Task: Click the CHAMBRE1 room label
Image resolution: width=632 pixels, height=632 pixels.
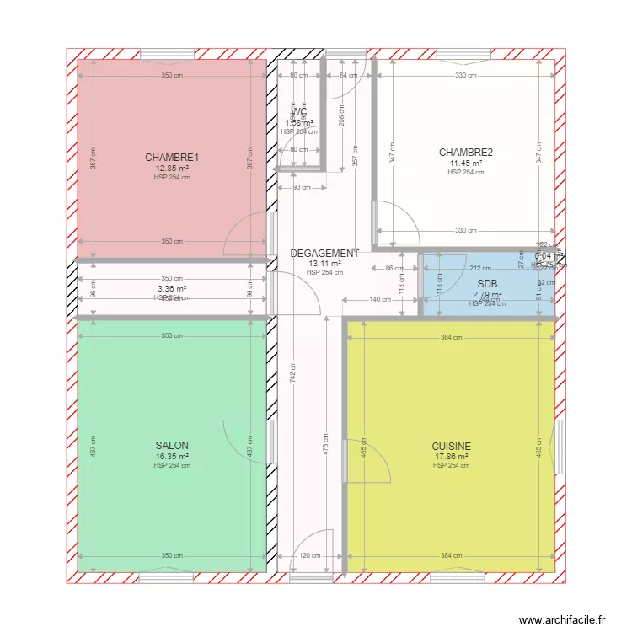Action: tap(172, 158)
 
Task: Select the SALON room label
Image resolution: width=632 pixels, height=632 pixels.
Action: tap(172, 446)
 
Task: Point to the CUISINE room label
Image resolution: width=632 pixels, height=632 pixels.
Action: tap(452, 447)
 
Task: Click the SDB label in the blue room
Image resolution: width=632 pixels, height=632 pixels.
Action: tap(487, 284)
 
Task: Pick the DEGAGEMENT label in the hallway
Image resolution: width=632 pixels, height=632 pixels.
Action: tap(324, 253)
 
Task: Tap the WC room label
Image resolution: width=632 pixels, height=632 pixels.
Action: tap(299, 112)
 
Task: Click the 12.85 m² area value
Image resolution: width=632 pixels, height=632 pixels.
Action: tap(172, 168)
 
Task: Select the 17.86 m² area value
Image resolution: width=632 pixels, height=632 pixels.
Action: tap(452, 457)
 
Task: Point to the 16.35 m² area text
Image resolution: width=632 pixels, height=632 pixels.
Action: tap(172, 457)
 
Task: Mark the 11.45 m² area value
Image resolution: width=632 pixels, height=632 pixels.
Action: tap(466, 163)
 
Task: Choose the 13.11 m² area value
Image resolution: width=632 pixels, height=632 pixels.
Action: tap(324, 263)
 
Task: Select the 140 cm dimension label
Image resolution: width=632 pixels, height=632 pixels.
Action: tap(380, 300)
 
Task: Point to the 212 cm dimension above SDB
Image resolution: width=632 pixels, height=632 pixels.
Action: tap(480, 269)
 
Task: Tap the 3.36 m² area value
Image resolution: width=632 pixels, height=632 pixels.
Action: tap(172, 288)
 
